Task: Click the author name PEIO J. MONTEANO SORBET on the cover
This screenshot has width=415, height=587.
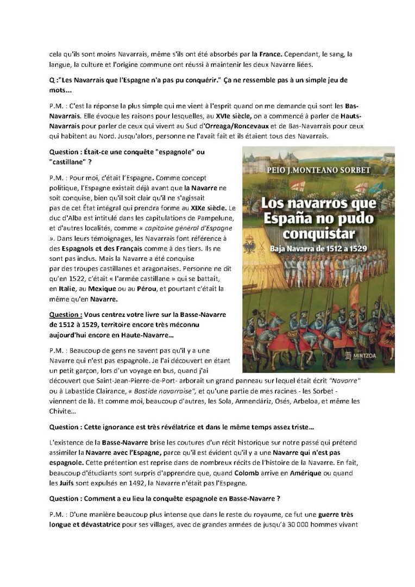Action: click(x=318, y=171)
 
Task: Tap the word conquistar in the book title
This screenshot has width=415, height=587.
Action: click(x=318, y=234)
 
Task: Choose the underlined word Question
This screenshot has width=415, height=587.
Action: click(x=66, y=315)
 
